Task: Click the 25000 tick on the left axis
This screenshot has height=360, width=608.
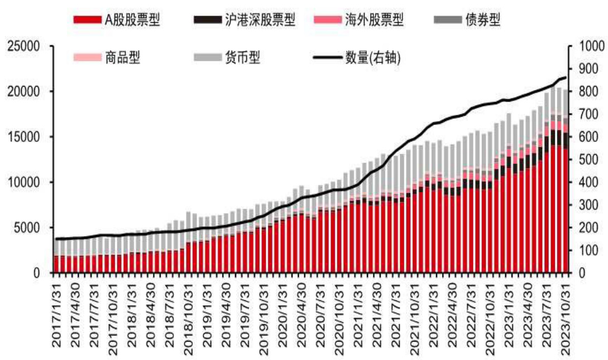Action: coord(24,46)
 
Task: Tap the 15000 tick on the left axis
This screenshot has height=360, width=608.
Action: coord(24,137)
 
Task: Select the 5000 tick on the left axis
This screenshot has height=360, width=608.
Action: coord(27,228)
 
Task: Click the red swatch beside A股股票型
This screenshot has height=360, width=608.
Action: coord(87,21)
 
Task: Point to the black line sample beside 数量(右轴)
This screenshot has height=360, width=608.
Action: coord(326,57)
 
